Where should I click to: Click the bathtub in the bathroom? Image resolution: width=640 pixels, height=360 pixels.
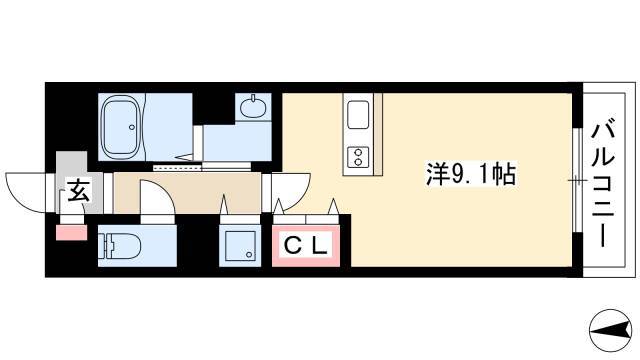click(122, 127)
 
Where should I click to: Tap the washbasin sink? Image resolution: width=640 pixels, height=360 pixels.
click(253, 107)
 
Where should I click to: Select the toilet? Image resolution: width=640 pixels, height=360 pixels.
click(119, 246)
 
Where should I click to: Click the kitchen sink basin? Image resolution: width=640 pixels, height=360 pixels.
click(358, 115)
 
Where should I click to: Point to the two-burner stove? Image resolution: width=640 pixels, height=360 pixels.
click(358, 157)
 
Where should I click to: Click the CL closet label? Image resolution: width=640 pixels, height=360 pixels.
click(306, 246)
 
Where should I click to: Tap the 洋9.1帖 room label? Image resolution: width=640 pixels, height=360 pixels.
click(471, 174)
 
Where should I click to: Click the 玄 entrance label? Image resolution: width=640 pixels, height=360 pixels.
click(78, 190)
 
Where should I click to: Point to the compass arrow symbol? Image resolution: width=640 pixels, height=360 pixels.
click(611, 329)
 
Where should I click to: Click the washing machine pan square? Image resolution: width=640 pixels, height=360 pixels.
click(240, 245)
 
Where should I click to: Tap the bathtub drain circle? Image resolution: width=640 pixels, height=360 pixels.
click(132, 127)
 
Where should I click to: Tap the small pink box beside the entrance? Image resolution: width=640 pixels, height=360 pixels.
click(71, 232)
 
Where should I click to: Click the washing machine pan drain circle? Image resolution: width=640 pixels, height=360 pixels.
click(249, 255)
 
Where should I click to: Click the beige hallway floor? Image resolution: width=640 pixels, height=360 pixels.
click(187, 193)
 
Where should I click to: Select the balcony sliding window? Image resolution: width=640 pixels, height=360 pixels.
click(577, 180)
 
